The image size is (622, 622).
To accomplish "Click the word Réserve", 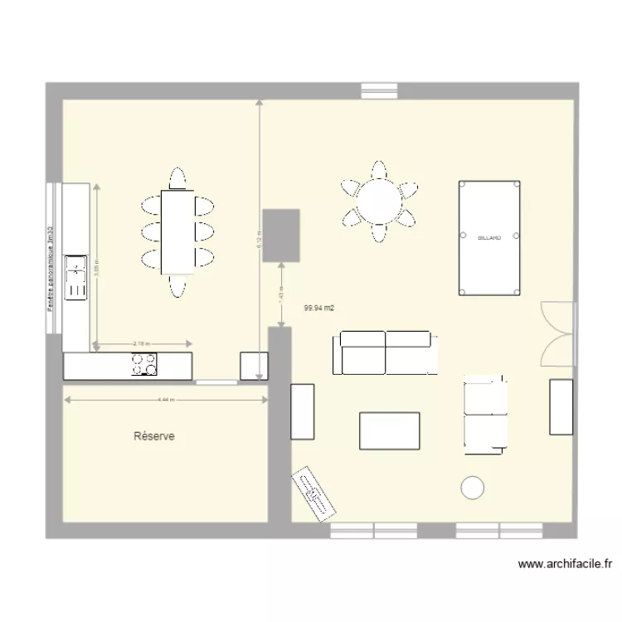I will (x=154, y=436).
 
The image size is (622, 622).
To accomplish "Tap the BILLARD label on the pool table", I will (x=489, y=238).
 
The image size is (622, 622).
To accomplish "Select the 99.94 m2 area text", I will (x=319, y=308).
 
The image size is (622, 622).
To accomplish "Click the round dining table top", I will (x=379, y=202).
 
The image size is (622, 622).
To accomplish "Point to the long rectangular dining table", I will (x=177, y=232).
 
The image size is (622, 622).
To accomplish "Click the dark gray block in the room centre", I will (x=281, y=236).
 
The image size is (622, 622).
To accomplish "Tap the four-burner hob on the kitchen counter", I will (x=143, y=365).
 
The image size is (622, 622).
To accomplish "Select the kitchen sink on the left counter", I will (x=77, y=277).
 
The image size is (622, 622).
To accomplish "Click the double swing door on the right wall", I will (x=556, y=333).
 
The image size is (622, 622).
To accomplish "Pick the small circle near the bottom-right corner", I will (x=473, y=488).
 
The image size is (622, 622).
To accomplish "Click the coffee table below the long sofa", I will (x=390, y=430).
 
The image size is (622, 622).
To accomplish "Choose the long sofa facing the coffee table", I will (x=385, y=352).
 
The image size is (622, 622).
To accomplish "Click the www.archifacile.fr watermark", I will (x=565, y=564).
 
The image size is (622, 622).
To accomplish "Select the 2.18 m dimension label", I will (x=143, y=343).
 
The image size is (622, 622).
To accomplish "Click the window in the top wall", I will (x=379, y=90).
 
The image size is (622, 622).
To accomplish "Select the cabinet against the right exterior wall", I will (x=561, y=406).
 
